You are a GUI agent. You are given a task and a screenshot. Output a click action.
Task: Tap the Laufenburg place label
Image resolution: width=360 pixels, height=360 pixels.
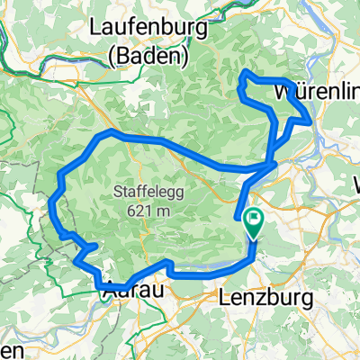[x=149, y=31]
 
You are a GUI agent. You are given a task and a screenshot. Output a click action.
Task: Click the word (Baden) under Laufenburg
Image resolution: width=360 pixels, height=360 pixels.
[x=148, y=57]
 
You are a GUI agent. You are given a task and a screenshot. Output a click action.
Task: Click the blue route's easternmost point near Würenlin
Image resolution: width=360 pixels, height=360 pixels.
[x=311, y=118]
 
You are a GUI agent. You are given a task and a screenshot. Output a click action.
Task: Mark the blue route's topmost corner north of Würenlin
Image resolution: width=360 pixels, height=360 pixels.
[x=245, y=71]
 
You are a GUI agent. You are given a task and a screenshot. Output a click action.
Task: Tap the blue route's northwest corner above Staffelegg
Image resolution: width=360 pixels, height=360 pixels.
[x=110, y=131]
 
